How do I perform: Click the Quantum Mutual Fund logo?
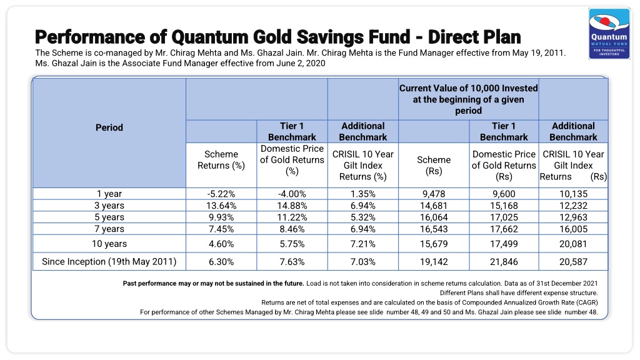pos(609,34)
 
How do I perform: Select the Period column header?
pos(109,127)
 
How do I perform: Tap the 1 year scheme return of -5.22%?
pos(221,194)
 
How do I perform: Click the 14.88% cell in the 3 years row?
pos(292,206)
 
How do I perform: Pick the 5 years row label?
pos(109,217)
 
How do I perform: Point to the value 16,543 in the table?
pos(434,229)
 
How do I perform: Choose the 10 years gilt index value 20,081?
pos(573,244)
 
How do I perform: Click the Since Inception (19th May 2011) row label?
pos(109,262)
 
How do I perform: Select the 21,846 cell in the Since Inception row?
pos(504,262)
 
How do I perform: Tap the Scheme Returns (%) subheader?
pos(221,159)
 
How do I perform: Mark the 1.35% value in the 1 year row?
pos(363,194)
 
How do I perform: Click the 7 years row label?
pos(109,229)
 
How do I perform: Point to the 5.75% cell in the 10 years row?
pos(292,244)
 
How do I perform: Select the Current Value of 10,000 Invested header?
pos(469,99)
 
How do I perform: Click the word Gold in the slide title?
pos(272,37)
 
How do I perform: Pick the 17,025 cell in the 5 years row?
pos(504,217)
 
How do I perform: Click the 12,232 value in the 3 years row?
pos(573,206)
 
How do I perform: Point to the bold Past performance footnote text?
pos(214,283)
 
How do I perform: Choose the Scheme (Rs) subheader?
pos(434,165)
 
